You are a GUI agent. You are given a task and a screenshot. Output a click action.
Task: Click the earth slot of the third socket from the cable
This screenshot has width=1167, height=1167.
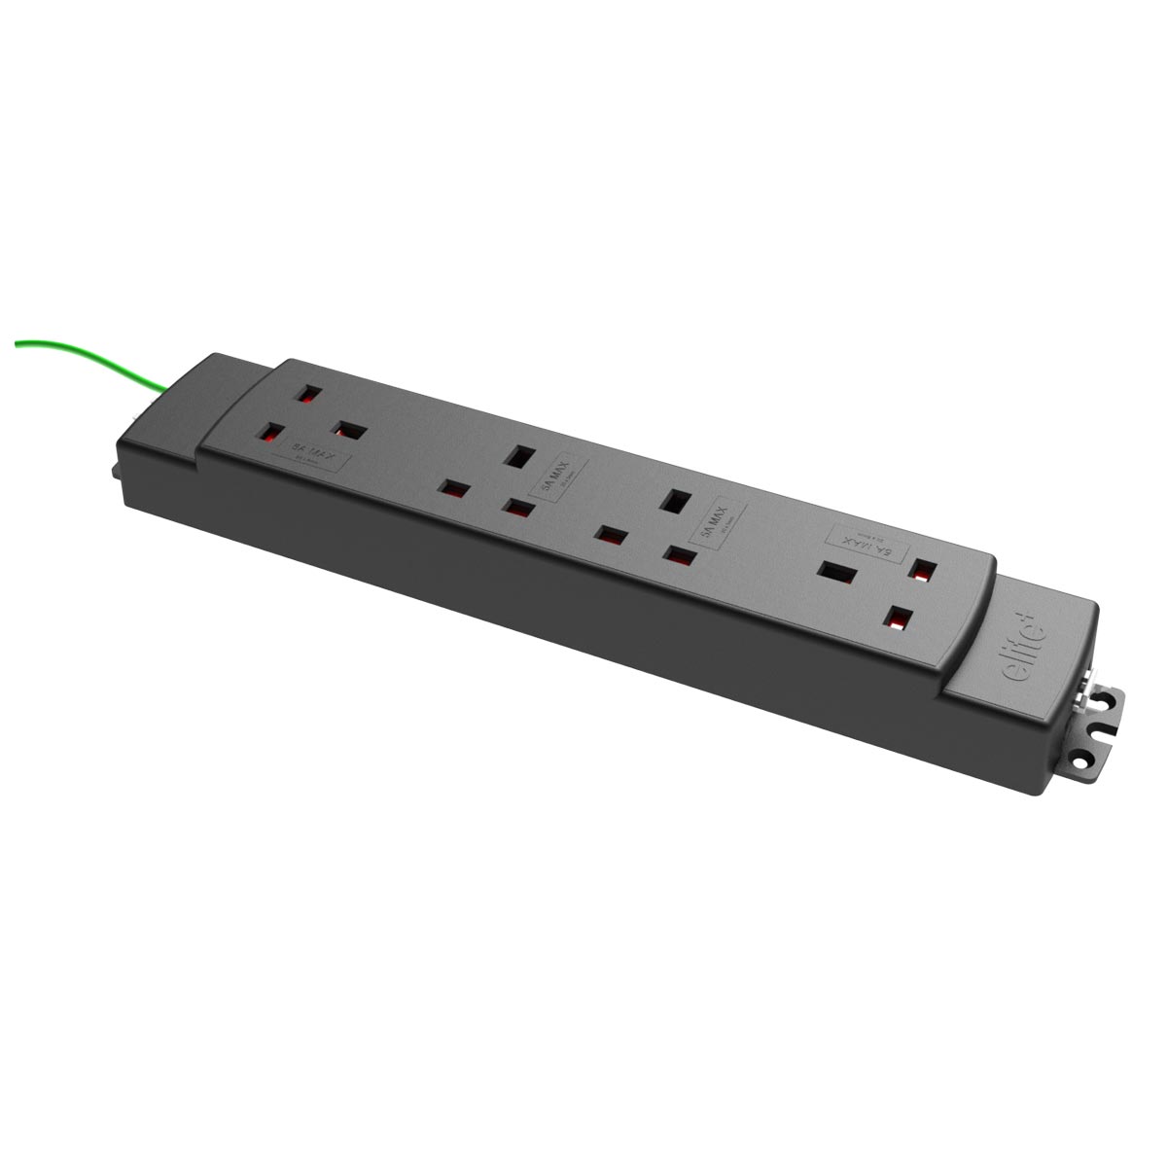coord(671,502)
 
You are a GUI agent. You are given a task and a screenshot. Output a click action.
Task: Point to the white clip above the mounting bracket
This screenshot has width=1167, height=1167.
coord(1086,682)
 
